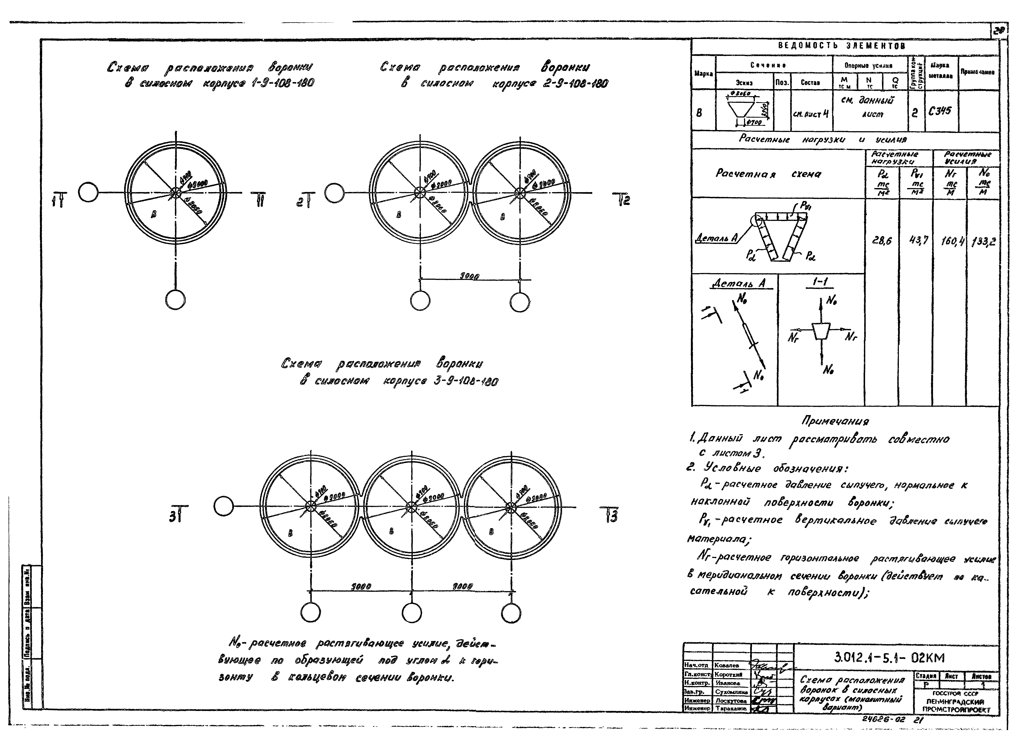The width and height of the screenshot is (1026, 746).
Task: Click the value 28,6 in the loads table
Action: pos(882,241)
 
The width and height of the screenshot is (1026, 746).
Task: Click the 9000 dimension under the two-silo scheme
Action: pos(469,276)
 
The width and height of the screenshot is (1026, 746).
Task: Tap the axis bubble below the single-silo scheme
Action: pos(175,300)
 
